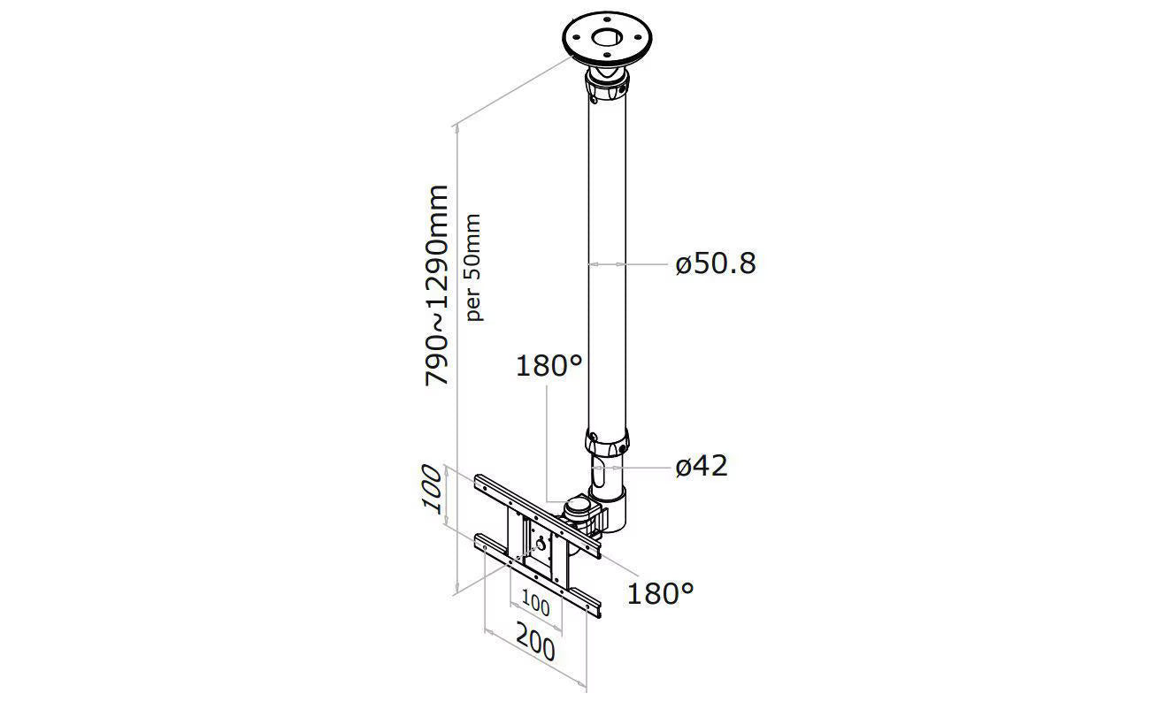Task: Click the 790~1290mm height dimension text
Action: pyautogui.click(x=437, y=285)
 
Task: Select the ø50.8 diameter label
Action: pyautogui.click(x=716, y=263)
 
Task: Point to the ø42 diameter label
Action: pyautogui.click(x=702, y=467)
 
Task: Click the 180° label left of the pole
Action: pyautogui.click(x=549, y=367)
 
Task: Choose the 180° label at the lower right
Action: pyautogui.click(x=660, y=593)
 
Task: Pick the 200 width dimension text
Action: pyautogui.click(x=535, y=649)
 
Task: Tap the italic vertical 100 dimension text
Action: pyautogui.click(x=432, y=490)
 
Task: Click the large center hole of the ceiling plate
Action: pyautogui.click(x=607, y=38)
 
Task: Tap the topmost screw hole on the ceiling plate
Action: pyautogui.click(x=608, y=20)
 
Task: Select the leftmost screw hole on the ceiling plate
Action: pyautogui.click(x=576, y=36)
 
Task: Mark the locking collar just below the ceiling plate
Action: pyautogui.click(x=607, y=88)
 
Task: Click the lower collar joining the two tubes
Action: pyautogui.click(x=607, y=442)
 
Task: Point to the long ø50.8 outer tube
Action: pyautogui.click(x=607, y=266)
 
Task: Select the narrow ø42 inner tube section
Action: pyautogui.click(x=607, y=472)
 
